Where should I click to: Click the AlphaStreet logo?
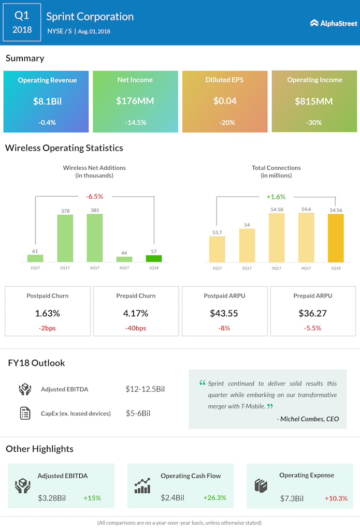coord(334,23)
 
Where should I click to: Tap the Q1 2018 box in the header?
coord(22,22)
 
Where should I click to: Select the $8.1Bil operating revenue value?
coord(47,101)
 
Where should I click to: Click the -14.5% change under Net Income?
coord(135,122)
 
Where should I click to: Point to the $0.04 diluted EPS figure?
coord(225,101)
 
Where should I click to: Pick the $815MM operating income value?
coord(314,101)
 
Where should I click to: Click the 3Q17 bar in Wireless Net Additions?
coord(95,238)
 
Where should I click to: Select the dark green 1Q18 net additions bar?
coord(154,259)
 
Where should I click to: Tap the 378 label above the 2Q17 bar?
coord(65,211)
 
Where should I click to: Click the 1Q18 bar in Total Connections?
coord(336,238)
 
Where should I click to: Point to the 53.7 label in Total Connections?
coord(217,232)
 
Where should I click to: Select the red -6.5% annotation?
coord(94,196)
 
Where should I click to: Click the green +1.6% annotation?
coord(276,197)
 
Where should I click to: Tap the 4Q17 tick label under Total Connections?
coord(306,268)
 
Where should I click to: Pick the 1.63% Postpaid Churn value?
coord(47,313)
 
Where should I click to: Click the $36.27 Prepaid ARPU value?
coord(313,313)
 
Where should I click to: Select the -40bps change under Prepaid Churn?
coord(136,328)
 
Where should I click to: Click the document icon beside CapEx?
coord(25,413)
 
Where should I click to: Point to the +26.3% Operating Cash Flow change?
coord(215,497)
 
